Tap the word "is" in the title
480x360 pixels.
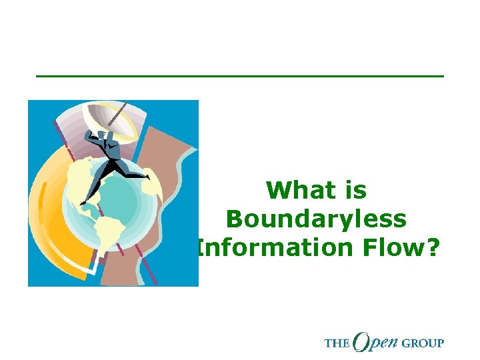[353, 191]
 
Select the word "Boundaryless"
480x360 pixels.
[316, 219]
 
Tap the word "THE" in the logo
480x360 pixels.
[337, 343]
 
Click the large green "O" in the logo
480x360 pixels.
[364, 341]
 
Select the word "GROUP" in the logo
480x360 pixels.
[423, 343]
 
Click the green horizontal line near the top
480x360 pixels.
[240, 76]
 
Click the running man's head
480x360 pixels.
[93, 134]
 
